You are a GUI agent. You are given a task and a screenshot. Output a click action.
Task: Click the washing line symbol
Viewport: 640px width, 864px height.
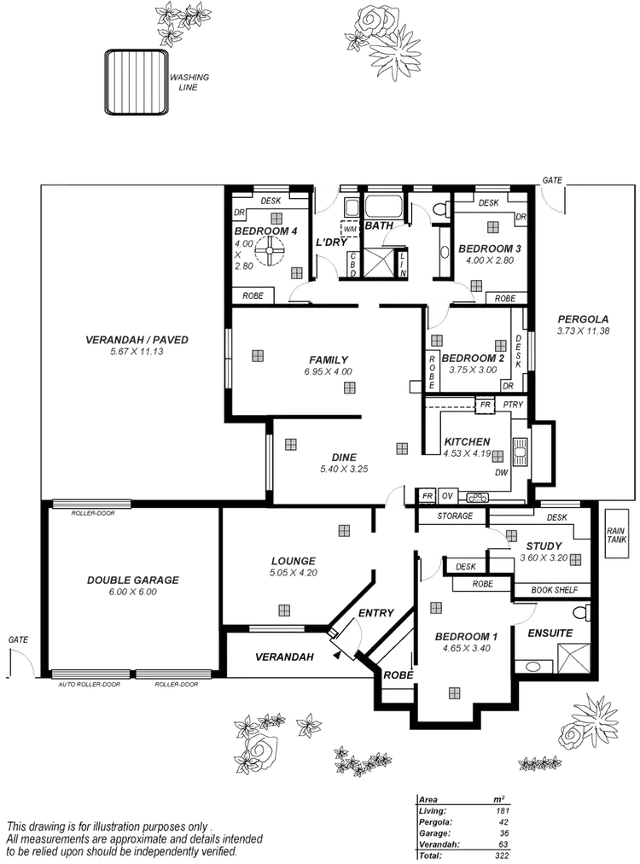click(134, 82)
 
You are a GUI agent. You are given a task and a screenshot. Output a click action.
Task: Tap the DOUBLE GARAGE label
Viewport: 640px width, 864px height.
click(132, 581)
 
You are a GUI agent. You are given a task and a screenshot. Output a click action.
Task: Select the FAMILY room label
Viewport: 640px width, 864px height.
click(329, 360)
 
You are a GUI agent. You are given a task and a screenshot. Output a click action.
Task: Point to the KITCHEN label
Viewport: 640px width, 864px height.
click(466, 441)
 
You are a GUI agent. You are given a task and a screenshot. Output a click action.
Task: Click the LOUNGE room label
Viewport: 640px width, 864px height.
click(293, 561)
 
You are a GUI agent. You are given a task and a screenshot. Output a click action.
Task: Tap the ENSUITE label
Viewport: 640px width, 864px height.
click(550, 633)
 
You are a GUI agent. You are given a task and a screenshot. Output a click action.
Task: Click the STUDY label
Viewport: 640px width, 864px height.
click(544, 546)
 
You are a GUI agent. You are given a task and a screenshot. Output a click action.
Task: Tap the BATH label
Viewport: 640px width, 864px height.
click(378, 226)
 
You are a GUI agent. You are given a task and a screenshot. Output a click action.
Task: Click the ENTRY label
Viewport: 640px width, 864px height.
click(375, 613)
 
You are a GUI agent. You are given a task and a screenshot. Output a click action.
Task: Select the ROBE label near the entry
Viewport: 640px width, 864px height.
click(399, 674)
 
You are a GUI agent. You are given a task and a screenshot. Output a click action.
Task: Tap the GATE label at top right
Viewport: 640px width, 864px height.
click(552, 181)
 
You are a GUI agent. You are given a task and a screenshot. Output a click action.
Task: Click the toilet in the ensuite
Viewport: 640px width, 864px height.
click(580, 613)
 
